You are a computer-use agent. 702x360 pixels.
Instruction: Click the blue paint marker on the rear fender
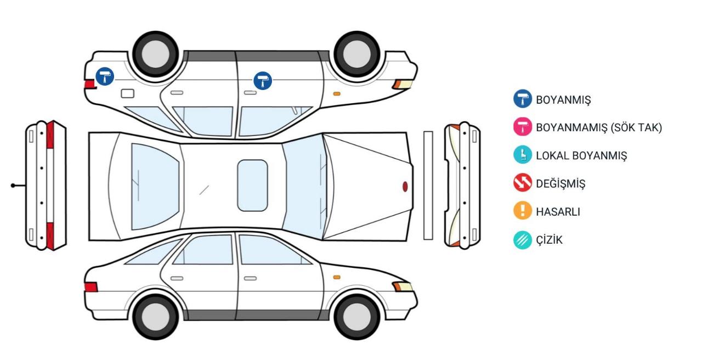105,76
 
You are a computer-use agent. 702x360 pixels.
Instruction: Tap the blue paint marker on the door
263,81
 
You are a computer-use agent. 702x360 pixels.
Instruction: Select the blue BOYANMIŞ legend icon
523,99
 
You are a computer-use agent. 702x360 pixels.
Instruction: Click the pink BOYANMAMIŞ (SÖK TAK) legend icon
523,127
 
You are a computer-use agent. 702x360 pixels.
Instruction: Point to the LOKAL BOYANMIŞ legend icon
523,155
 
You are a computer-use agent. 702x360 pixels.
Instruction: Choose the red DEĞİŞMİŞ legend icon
523,183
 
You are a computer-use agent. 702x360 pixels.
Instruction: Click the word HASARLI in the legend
558,212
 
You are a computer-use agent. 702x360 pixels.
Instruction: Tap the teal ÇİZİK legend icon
523,240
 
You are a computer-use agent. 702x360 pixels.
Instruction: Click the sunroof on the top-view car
252,185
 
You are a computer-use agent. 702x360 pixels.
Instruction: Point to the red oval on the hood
405,187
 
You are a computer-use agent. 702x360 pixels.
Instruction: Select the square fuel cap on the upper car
128,93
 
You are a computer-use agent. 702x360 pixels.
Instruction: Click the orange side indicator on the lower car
337,277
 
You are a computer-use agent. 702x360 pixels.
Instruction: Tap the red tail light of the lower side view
91,287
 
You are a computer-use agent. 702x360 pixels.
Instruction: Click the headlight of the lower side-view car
403,286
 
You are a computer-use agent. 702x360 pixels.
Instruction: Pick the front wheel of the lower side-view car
356,317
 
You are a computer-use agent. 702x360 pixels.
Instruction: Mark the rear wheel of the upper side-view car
155,54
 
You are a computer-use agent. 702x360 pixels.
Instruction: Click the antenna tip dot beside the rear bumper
13,185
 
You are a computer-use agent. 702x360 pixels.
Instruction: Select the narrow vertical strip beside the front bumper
428,185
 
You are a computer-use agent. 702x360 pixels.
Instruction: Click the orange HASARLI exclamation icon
523,210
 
